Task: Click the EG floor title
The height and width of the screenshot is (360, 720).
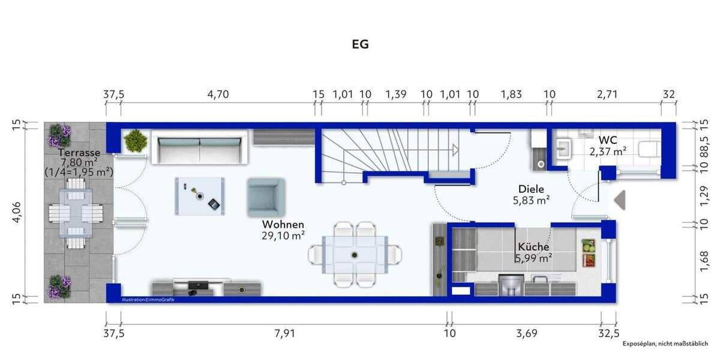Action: pos(359,44)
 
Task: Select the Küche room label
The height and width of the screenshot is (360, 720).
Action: pos(533,247)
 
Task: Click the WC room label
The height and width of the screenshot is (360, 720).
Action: pos(608,140)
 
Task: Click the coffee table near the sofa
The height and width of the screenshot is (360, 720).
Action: pos(200,196)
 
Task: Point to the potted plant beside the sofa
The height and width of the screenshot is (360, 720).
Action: pos(135,141)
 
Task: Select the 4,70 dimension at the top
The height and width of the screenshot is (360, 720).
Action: pos(218,94)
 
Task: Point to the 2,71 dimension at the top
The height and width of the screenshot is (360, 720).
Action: pos(606,94)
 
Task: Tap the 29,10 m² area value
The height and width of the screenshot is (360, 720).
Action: pos(282,236)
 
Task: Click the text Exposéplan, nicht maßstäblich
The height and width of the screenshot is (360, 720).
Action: pos(665,344)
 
